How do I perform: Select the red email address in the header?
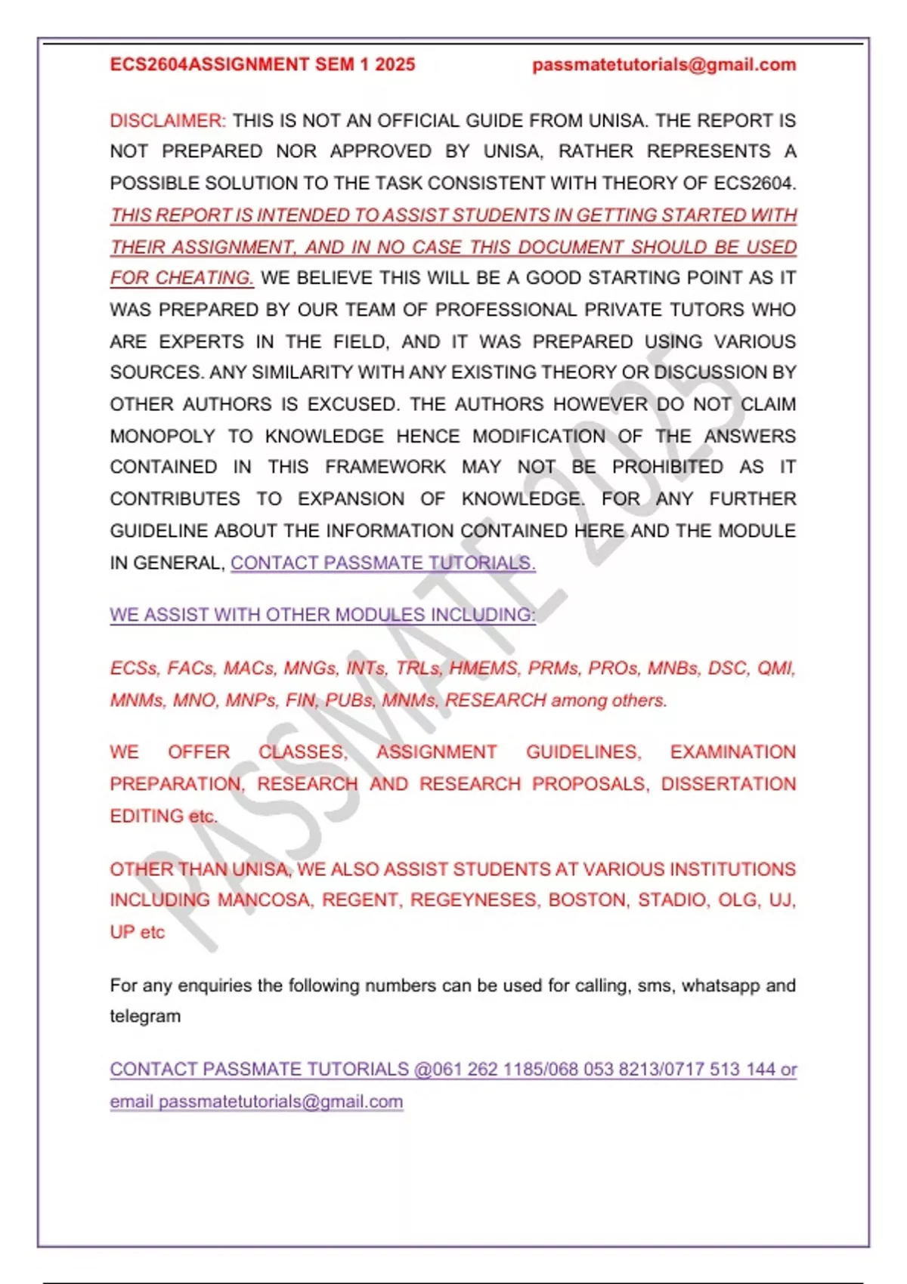[x=664, y=65]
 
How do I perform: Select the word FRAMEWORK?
[x=385, y=468]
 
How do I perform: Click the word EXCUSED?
[x=352, y=404]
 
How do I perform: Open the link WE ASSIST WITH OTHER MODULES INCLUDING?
[x=323, y=615]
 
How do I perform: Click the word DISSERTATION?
[x=728, y=784]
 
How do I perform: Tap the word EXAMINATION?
[x=732, y=752]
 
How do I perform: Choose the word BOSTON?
[x=589, y=900]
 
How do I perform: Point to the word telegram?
[x=145, y=1017]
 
